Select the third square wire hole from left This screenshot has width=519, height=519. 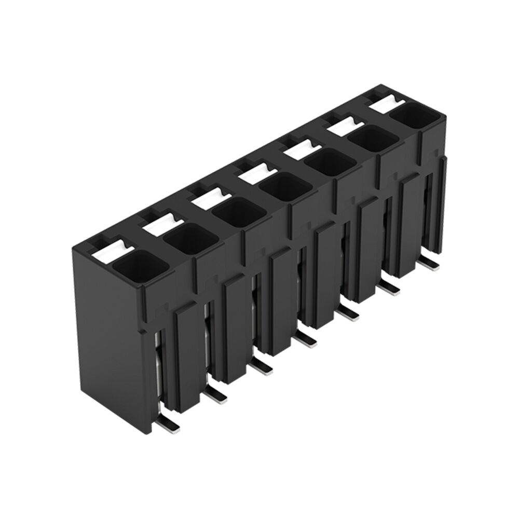click(236, 213)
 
